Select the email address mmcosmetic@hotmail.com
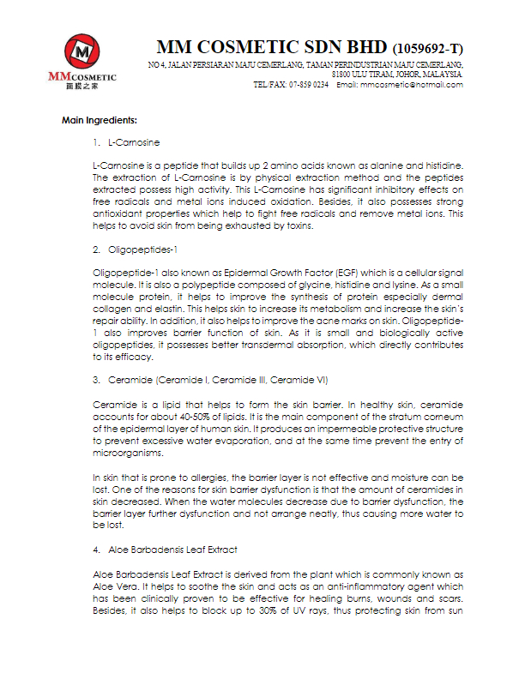tap(412, 85)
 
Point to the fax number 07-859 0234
tap(308, 85)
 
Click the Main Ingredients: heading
tap(100, 119)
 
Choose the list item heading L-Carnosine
tap(134, 141)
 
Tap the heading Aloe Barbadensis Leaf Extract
tap(172, 550)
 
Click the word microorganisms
tap(124, 451)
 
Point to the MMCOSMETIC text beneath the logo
tap(82, 77)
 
